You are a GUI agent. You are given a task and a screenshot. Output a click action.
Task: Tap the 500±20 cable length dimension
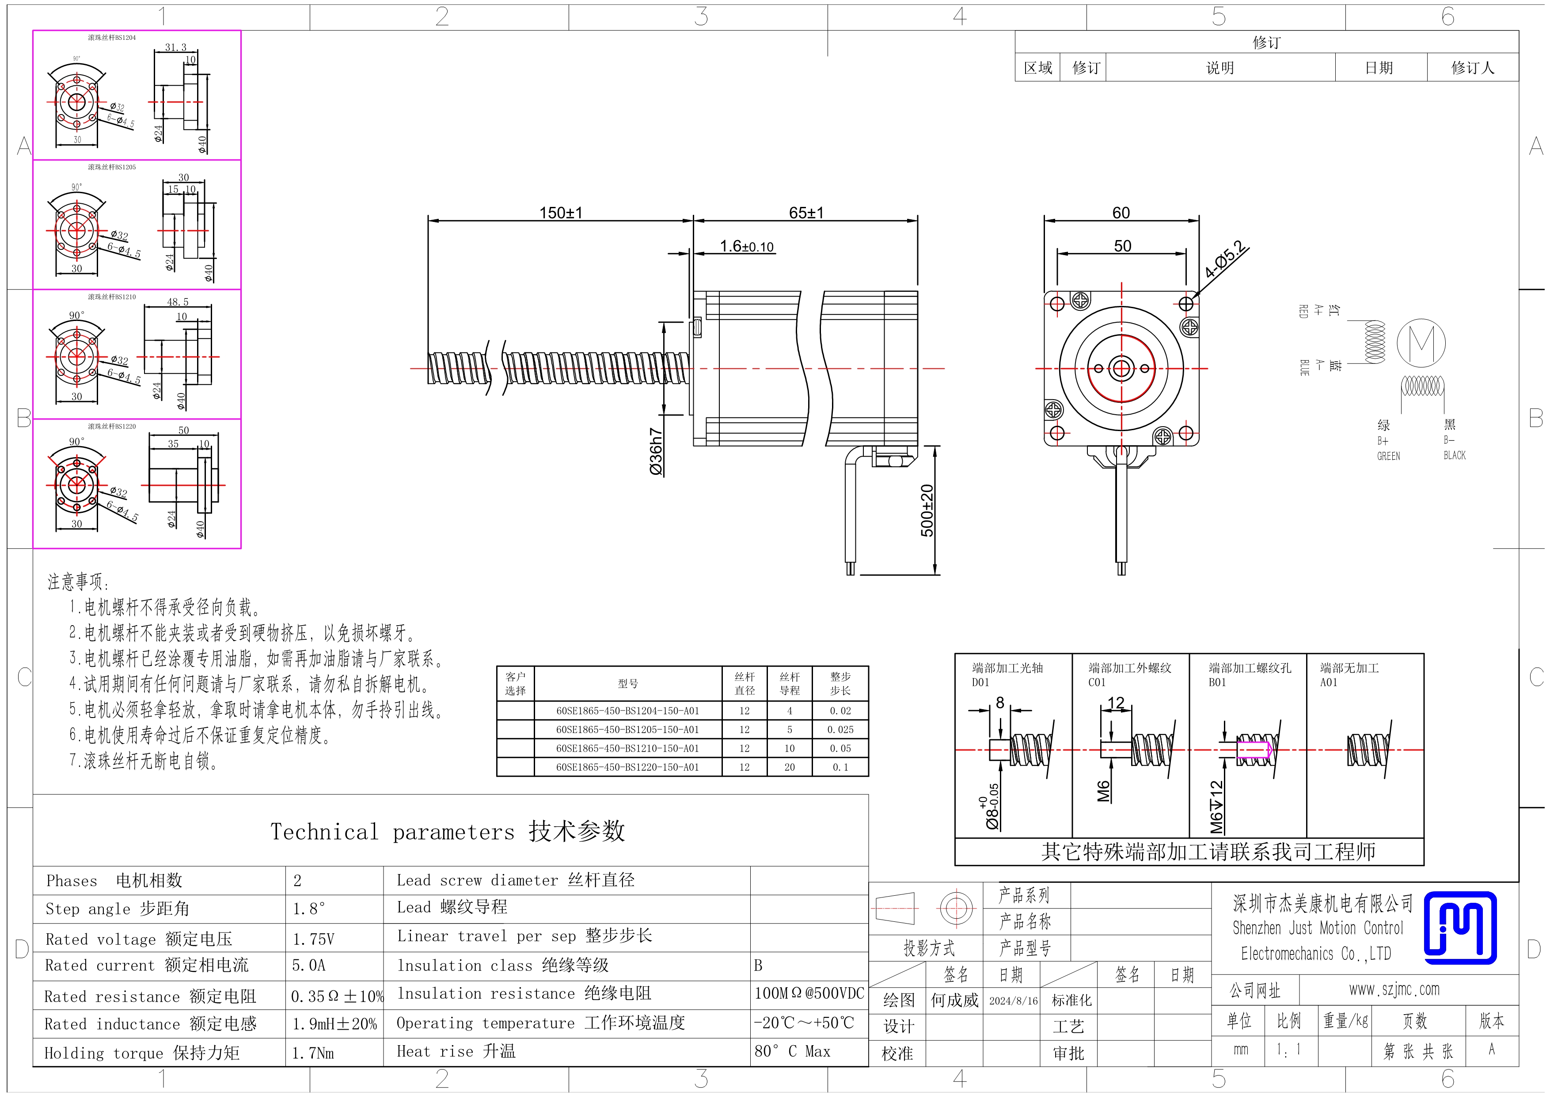[927, 511]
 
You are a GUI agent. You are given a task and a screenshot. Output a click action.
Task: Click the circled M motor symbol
[1421, 343]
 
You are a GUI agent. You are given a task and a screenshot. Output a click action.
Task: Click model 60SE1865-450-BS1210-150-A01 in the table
[627, 748]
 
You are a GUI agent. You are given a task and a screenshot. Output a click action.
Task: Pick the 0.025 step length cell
[840, 729]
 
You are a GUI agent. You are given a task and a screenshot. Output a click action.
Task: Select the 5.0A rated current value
[308, 965]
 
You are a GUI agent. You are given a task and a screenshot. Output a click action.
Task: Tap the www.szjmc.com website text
[1394, 989]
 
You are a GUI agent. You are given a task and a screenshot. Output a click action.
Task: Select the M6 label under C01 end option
[1104, 791]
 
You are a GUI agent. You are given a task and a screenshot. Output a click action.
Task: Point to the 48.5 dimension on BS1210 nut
[178, 302]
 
